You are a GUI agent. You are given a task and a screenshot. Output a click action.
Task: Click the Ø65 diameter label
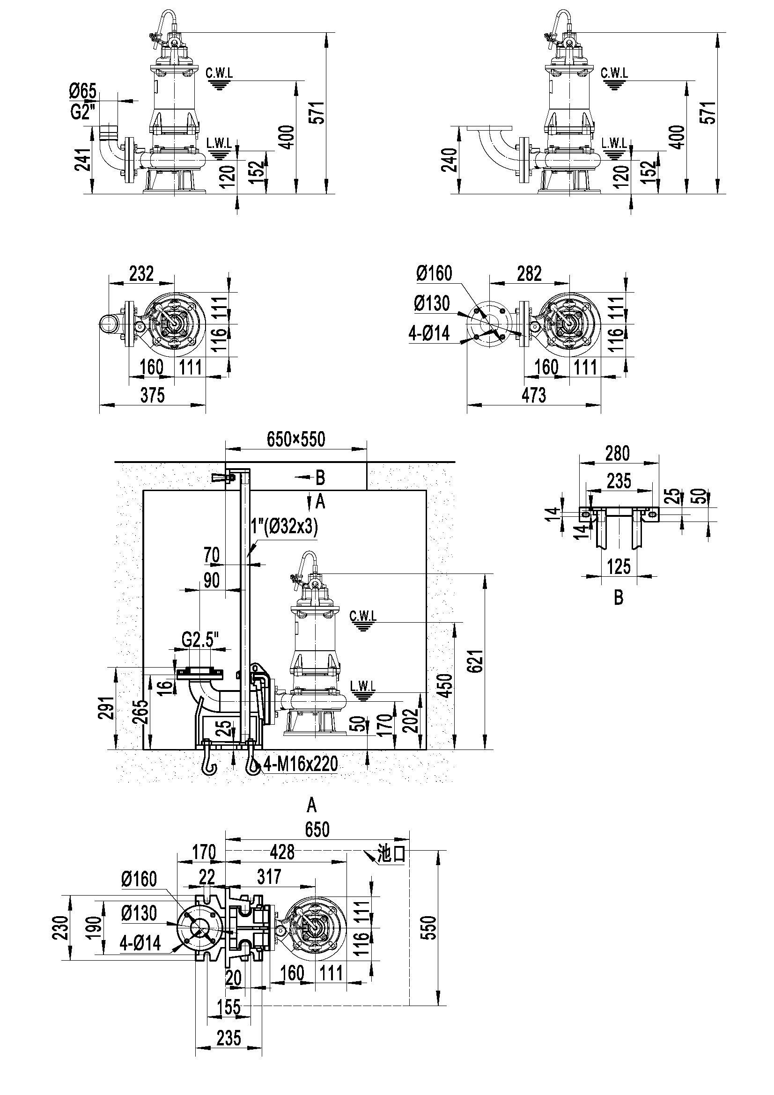pos(82,91)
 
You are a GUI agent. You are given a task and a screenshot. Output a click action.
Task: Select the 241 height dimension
pos(82,160)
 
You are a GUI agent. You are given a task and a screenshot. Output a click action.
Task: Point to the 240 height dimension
pos(450,160)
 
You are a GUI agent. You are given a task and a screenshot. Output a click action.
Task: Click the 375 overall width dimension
pos(152,396)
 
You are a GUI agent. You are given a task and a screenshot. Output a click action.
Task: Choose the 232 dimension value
pos(141,274)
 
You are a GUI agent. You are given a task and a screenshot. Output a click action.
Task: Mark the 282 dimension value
pos(530,274)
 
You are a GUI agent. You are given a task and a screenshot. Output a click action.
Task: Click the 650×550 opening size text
pos(295,439)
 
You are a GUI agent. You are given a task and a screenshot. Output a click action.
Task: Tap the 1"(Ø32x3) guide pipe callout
pos(284,528)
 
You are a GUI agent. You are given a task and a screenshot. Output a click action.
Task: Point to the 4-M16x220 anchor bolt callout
pos(301,764)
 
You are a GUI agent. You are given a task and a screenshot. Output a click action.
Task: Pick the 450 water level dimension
pos(446,685)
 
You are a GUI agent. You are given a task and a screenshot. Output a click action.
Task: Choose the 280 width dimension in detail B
pos(618,454)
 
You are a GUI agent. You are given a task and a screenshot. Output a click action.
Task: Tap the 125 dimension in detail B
pos(619,567)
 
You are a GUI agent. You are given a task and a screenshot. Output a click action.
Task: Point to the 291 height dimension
pos(108,708)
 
